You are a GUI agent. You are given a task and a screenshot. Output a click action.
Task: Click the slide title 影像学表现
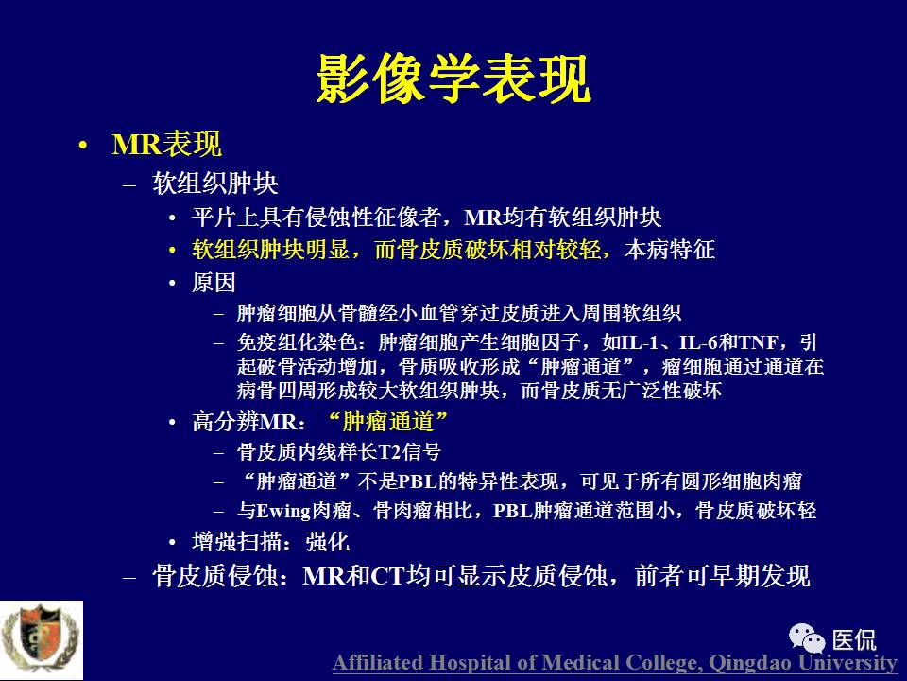click(x=453, y=78)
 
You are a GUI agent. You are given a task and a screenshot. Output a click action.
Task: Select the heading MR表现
click(x=166, y=145)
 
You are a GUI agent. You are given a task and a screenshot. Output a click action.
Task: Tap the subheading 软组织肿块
click(x=214, y=183)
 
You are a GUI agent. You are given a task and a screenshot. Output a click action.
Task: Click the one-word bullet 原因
click(x=214, y=283)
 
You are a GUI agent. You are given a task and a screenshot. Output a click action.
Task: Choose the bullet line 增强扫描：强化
click(x=270, y=543)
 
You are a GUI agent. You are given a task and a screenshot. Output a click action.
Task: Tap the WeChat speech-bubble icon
click(x=809, y=637)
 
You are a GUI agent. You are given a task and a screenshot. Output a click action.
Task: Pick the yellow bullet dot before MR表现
click(x=84, y=146)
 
